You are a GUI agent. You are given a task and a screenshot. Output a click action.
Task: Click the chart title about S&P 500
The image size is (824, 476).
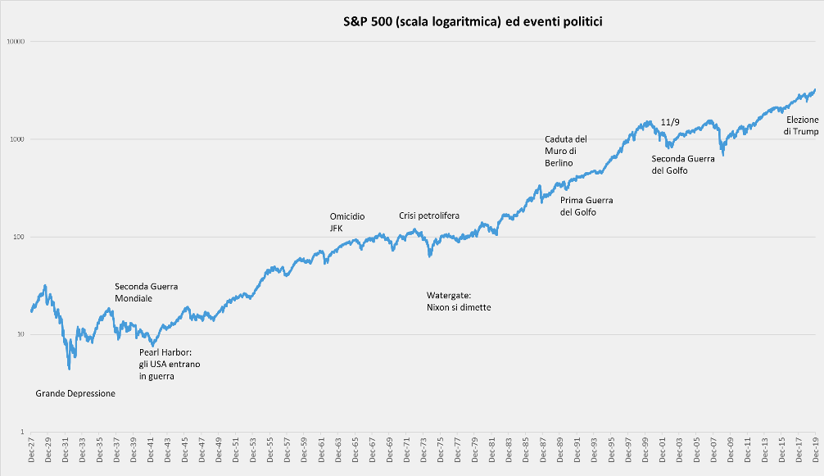[x=473, y=22]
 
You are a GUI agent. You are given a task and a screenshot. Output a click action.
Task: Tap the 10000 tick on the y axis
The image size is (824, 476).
[x=16, y=42]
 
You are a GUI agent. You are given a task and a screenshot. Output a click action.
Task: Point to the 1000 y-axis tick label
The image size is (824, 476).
[x=17, y=139]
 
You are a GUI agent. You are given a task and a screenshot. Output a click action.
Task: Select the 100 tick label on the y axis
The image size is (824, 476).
[x=19, y=238]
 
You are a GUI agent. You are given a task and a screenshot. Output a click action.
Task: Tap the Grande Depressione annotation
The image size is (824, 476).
[x=75, y=393]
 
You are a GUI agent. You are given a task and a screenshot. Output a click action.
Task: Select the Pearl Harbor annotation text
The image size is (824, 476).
[x=169, y=364]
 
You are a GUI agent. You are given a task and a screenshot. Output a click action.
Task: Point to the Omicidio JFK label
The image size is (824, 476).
[x=346, y=223]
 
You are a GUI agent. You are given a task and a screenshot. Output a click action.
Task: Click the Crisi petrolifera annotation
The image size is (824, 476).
[x=429, y=215]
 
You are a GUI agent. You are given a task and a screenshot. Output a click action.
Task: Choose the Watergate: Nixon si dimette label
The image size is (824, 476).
[x=459, y=301]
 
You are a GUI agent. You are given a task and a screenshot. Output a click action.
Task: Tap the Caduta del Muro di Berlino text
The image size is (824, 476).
[x=566, y=151]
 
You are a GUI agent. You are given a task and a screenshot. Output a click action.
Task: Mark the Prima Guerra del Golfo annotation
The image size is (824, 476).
[x=586, y=206]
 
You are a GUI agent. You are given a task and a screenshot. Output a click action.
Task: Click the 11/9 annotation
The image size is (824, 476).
[x=669, y=122]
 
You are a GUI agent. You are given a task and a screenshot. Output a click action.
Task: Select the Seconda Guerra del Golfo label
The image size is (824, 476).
[x=683, y=165]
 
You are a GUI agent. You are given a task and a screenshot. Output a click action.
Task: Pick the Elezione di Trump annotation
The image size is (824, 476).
[x=802, y=125]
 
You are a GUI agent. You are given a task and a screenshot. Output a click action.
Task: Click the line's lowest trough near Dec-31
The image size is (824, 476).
[x=69, y=369]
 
